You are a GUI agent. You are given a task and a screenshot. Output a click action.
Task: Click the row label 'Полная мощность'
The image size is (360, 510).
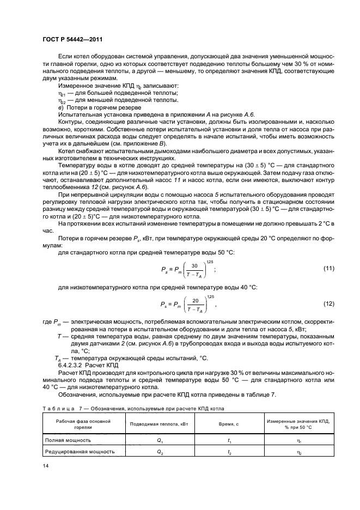[x=69, y=440]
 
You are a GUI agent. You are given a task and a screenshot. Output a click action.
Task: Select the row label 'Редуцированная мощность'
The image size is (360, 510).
[x=80, y=451]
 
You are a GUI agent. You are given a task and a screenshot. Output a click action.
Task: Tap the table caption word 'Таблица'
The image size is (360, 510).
[x=57, y=408]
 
